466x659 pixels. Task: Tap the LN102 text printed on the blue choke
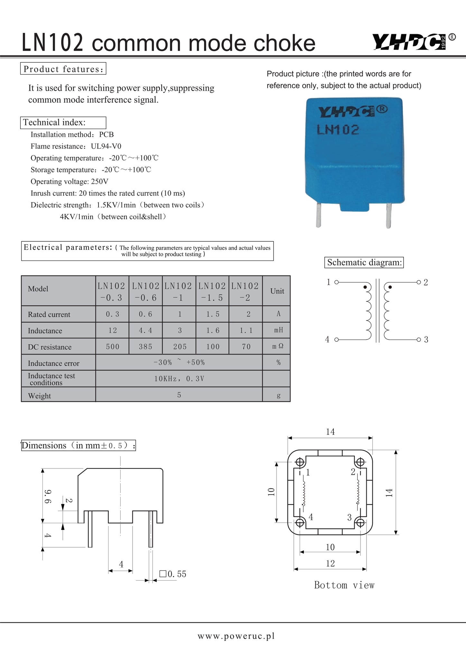point(338,130)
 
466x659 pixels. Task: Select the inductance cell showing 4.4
point(145,330)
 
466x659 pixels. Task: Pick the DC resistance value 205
point(180,347)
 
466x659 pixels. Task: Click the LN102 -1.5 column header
point(212,292)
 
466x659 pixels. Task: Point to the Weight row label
point(40,395)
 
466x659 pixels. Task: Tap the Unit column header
point(277,291)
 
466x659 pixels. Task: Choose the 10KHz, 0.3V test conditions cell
point(179,379)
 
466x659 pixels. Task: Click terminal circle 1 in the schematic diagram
point(336,282)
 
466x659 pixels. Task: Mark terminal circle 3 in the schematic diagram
point(418,339)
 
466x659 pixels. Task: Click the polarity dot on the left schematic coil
point(365,287)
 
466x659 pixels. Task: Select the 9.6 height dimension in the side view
point(47,497)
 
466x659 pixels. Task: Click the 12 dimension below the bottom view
point(330,563)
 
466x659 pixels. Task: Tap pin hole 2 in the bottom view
point(360,462)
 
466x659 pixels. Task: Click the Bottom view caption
point(344,585)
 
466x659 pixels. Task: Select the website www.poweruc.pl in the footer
point(236,636)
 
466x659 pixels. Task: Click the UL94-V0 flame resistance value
point(106,146)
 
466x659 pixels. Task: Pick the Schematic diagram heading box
point(364,262)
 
